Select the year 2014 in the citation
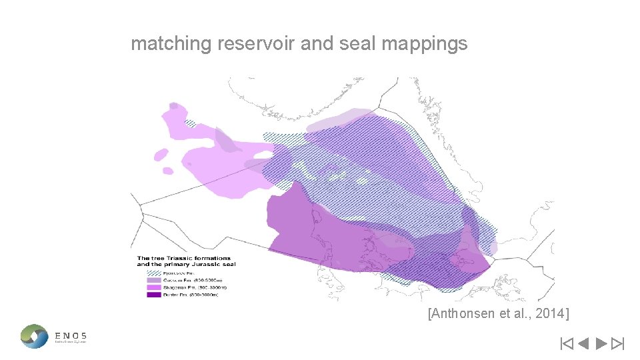549,313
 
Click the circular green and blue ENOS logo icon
34,336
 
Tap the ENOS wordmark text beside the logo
70,336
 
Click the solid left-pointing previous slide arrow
583,344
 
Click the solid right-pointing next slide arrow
600,344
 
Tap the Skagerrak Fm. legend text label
179,287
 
